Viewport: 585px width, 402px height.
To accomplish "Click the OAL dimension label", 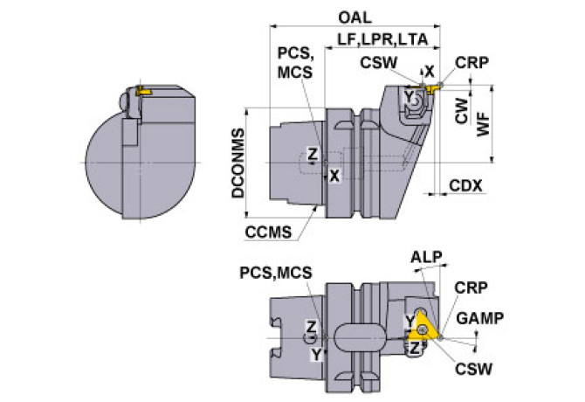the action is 354,17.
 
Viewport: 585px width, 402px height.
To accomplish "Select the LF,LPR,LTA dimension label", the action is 382,39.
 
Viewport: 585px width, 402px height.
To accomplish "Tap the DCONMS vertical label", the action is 238,163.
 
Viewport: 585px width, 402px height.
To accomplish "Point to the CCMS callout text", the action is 268,232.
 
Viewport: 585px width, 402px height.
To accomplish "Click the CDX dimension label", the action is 465,185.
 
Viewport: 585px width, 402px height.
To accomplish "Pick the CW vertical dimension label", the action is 462,111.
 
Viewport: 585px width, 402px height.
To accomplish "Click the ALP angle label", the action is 426,257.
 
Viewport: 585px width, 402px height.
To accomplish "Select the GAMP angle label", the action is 480,318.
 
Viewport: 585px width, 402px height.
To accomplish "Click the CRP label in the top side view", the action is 471,63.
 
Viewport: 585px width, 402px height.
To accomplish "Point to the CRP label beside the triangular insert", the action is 471,288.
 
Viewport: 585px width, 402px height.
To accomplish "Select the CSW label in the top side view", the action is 378,63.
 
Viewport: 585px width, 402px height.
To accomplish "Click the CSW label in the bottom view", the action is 473,369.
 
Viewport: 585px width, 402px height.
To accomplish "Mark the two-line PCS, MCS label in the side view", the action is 295,63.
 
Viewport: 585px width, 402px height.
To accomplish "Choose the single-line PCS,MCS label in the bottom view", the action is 276,273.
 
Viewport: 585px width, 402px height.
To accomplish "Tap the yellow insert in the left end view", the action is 143,91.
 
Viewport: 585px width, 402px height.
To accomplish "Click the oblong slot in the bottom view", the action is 360,337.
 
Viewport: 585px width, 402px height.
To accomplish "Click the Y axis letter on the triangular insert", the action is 409,320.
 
